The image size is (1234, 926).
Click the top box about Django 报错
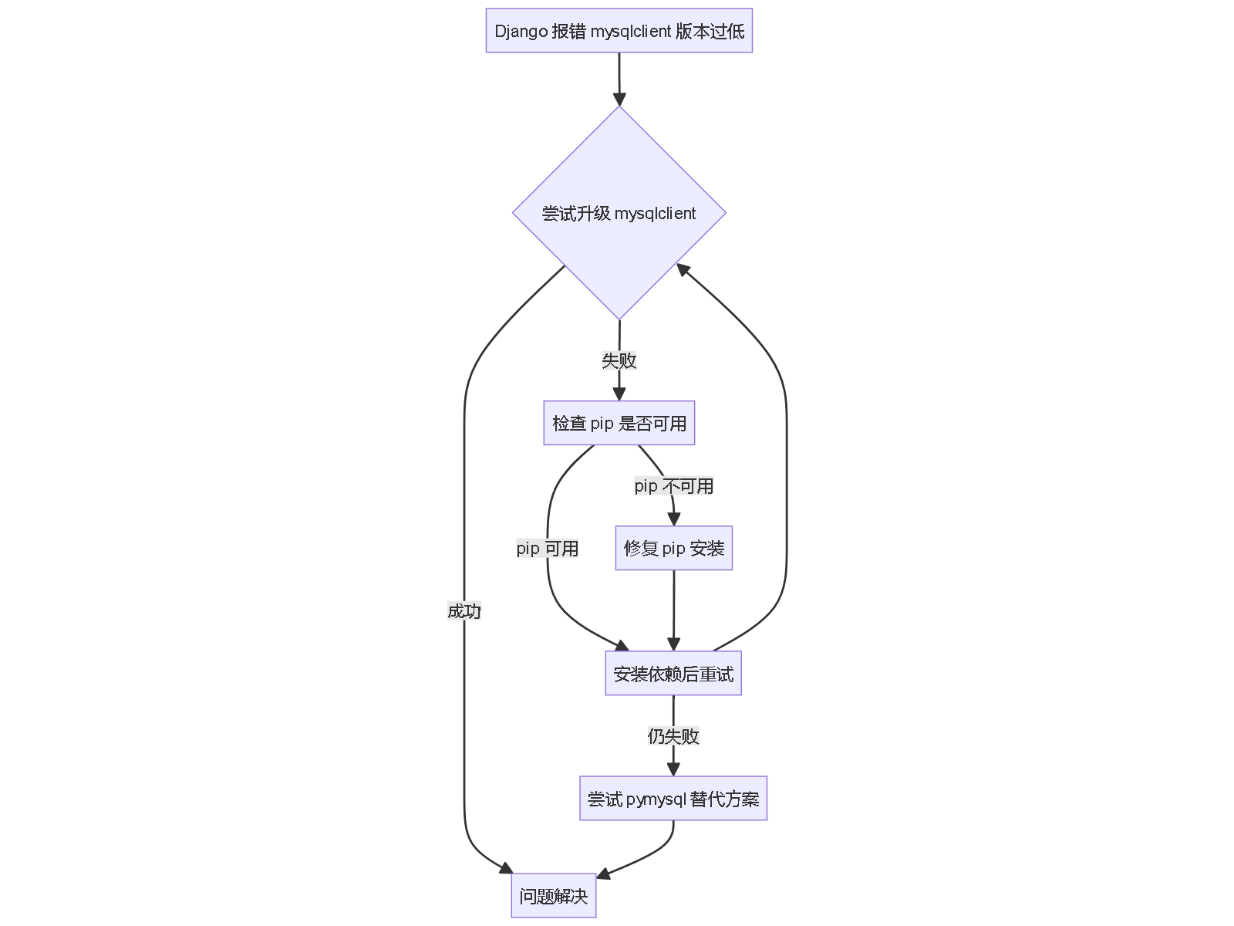coord(619,31)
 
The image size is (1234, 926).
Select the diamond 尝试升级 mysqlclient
coord(619,213)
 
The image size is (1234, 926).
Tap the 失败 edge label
coord(619,360)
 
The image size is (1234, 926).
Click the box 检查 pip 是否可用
coord(619,423)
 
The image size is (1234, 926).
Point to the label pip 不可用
coord(673,486)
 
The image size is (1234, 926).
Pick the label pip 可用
coord(548,549)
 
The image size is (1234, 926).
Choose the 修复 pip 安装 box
coord(673,549)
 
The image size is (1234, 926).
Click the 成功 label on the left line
coord(464,611)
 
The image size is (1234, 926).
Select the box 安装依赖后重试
coord(673,674)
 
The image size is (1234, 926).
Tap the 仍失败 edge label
coord(673,736)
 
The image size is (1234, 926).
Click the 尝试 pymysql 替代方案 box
coord(673,799)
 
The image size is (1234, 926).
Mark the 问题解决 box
coord(554,896)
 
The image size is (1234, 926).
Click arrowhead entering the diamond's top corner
coord(619,99)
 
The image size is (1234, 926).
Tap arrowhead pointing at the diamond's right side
coord(682,269)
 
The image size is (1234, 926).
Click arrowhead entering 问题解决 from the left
coord(506,869)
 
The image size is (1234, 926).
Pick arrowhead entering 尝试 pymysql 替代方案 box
coord(673,769)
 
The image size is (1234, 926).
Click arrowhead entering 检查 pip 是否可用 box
coord(619,394)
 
